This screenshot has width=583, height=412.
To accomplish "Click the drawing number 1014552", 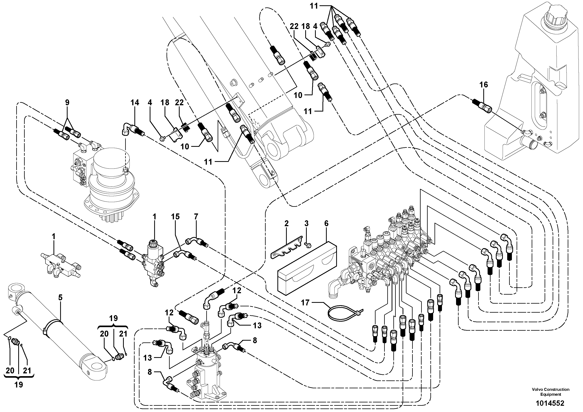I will tap(550, 403).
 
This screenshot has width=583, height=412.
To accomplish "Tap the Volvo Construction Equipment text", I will tap(550, 392).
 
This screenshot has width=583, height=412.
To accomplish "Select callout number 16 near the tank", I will tap(483, 85).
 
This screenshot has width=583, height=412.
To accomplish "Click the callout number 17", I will tap(305, 302).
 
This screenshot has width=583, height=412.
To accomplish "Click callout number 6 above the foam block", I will tap(326, 223).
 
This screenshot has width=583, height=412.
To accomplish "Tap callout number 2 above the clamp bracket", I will tap(286, 223).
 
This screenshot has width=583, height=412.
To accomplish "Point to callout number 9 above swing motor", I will tap(67, 103).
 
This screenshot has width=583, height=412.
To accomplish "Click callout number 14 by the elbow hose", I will tap(135, 103).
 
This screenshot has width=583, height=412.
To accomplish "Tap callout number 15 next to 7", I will tap(175, 217).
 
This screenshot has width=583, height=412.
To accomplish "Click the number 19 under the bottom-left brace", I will tap(19, 385).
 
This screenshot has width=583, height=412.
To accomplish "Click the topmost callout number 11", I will tap(314, 6).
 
